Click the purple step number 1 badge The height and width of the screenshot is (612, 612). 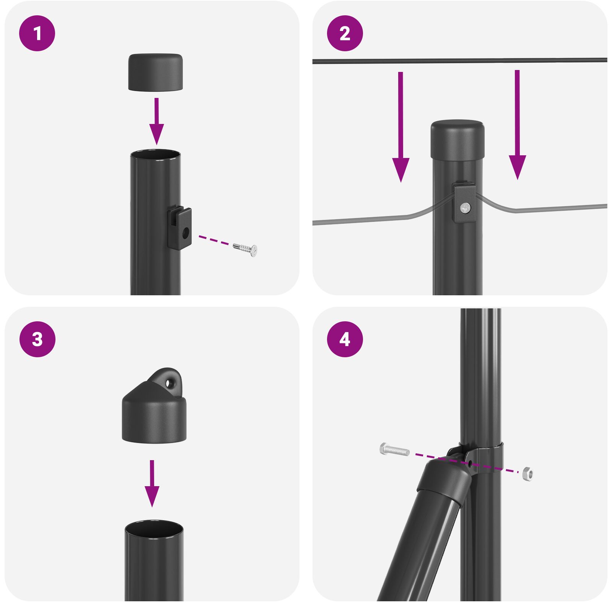(37, 33)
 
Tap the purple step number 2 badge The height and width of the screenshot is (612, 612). (345, 33)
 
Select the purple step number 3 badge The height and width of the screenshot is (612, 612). (37, 339)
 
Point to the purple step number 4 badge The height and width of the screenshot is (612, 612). (345, 339)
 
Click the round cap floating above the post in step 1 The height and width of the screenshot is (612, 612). (155, 72)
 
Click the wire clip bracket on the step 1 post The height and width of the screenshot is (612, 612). (180, 228)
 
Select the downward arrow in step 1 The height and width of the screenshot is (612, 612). (156, 122)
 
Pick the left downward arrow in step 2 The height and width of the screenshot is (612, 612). (400, 130)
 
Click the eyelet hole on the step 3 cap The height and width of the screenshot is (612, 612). (169, 382)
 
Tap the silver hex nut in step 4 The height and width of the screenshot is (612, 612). (527, 474)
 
